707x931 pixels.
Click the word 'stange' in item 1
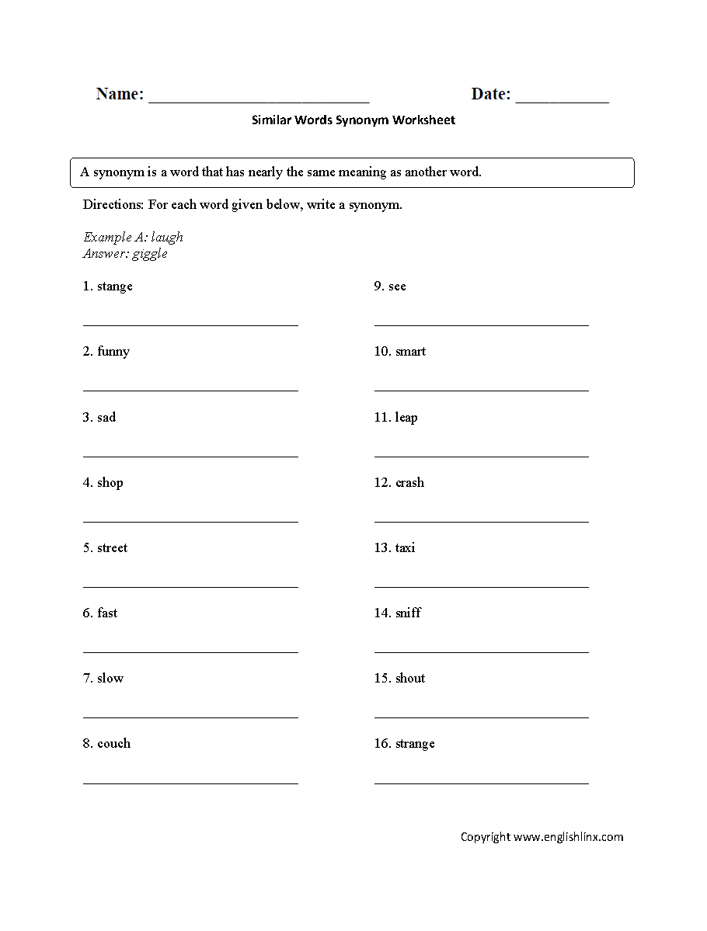(x=115, y=287)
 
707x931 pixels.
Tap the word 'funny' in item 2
(x=113, y=352)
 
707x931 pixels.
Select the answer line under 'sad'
(x=190, y=457)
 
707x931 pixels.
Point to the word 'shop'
(x=110, y=483)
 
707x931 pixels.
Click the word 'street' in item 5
(x=112, y=548)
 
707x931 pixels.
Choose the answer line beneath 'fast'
(x=190, y=652)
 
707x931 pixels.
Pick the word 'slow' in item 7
(x=110, y=679)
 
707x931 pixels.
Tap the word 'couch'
(x=113, y=744)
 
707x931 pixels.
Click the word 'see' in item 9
(x=397, y=287)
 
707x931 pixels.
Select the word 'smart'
(x=410, y=352)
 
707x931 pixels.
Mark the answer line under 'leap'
(x=481, y=457)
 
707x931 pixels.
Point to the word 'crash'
(x=409, y=483)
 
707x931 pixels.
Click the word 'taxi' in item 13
(x=405, y=548)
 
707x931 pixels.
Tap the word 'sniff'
(x=408, y=613)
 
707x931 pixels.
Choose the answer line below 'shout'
(x=481, y=717)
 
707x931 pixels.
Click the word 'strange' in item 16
(x=415, y=744)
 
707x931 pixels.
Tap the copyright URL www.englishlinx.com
(x=568, y=837)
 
